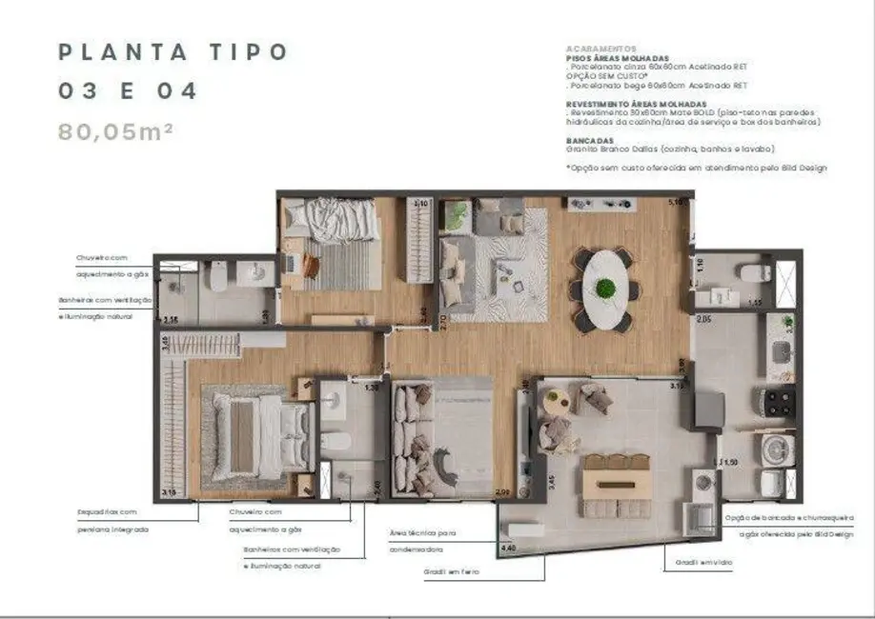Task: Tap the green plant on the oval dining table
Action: coord(605,287)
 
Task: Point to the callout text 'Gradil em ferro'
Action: coord(451,571)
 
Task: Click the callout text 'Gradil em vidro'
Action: coord(690,564)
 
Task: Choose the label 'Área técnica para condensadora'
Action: coord(422,541)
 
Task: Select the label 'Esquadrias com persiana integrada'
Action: coord(113,520)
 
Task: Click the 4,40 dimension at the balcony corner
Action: coord(508,549)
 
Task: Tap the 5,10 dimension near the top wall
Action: coord(677,202)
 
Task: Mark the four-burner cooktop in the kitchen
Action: coord(778,401)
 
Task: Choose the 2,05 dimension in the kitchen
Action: coord(704,320)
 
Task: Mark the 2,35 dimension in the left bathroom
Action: coord(171,321)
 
